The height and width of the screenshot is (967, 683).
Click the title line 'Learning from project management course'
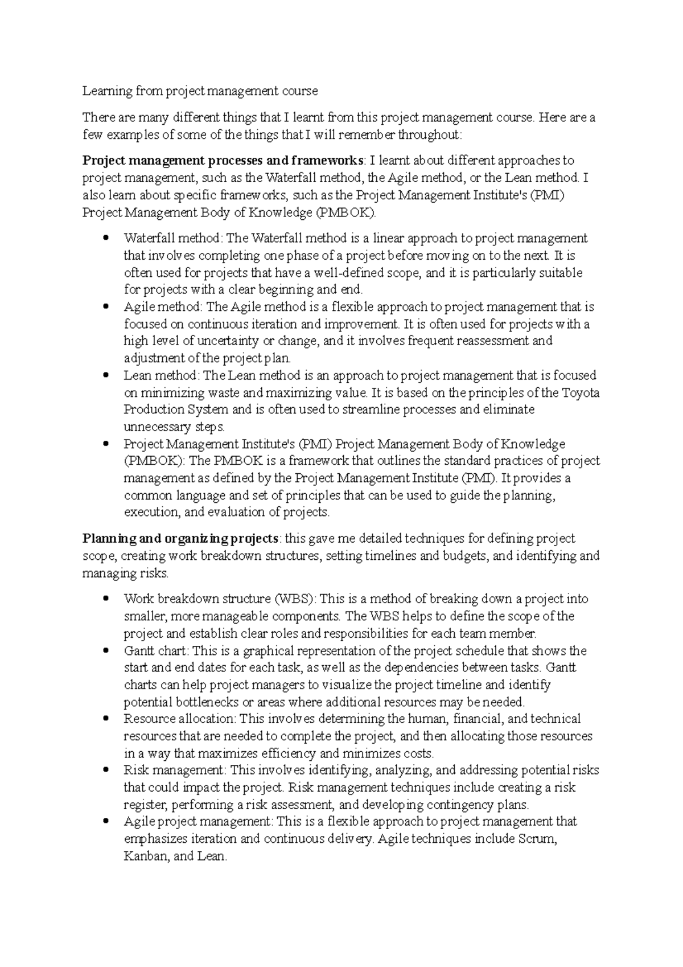tap(200, 91)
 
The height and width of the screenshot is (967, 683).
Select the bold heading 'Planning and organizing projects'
tap(180, 539)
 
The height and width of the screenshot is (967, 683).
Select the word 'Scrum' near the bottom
tap(536, 839)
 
